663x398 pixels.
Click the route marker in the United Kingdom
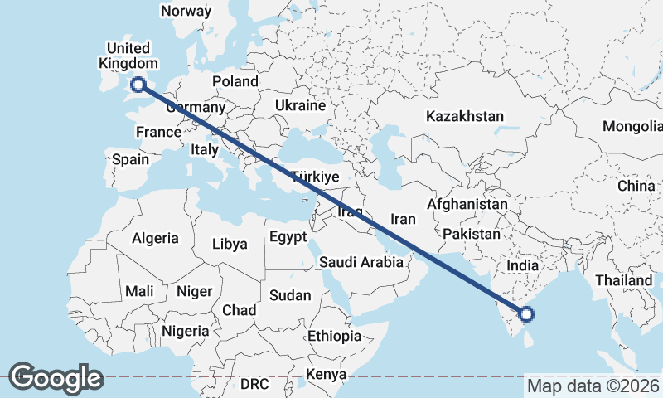point(138,83)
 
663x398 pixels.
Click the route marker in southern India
point(525,313)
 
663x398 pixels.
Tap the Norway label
point(186,12)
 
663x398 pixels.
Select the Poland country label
point(235,81)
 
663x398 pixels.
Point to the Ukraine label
point(300,106)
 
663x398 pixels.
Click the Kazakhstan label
point(464,116)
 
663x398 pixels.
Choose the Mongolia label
point(634,126)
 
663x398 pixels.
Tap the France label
point(158,132)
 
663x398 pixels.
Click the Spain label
point(130,159)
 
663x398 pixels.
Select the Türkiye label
point(315,177)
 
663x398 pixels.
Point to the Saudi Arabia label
point(361,262)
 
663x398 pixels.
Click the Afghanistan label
point(467,204)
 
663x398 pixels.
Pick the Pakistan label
point(471,234)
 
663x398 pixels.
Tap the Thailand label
point(622,280)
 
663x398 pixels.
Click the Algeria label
point(155,238)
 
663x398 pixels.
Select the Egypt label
point(288,237)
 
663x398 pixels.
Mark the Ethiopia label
point(334,336)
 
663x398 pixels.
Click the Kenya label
point(325,375)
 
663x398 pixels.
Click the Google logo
point(56,378)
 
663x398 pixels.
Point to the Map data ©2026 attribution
point(593,386)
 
